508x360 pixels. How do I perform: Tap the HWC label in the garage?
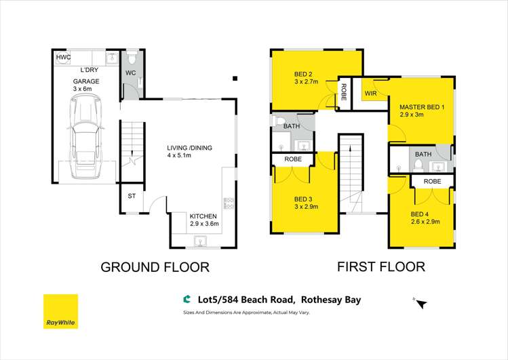64,58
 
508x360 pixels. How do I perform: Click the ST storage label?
132,197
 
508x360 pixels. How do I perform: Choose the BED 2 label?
302,74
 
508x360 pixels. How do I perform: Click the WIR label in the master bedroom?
370,93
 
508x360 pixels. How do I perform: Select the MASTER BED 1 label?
421,107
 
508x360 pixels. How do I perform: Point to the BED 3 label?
302,199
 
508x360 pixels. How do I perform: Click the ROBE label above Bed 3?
293,159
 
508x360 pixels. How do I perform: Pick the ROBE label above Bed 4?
432,182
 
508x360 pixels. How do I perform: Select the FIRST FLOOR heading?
381,266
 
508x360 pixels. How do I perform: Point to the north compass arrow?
422,304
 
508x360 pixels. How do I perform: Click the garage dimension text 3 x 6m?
86,89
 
